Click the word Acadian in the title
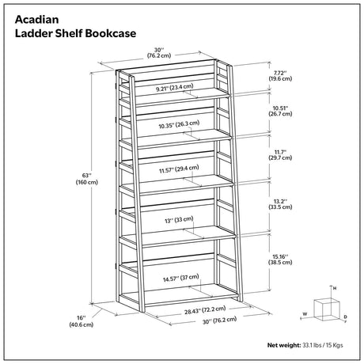pos(37,20)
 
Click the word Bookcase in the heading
pos(111,33)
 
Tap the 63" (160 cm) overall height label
pos(87,179)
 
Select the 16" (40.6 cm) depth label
pos(82,321)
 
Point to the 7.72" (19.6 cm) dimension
pos(280,76)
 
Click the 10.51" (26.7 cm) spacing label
pos(280,111)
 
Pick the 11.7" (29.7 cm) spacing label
pos(280,155)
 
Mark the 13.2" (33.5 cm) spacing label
pos(280,204)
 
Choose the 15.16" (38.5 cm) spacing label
pos(280,260)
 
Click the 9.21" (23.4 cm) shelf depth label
pos(175,88)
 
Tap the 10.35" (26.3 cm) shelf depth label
pos(179,124)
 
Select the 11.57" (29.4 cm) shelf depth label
pos(179,169)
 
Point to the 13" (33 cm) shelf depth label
pos(179,220)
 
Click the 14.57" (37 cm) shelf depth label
pos(181,278)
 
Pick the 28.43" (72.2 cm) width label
pos(205,310)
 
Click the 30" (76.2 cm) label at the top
pos(159,52)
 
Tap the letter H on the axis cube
pos(335,288)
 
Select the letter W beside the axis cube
pos(305,314)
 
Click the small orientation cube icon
pos(327,309)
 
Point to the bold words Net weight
pos(284,345)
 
